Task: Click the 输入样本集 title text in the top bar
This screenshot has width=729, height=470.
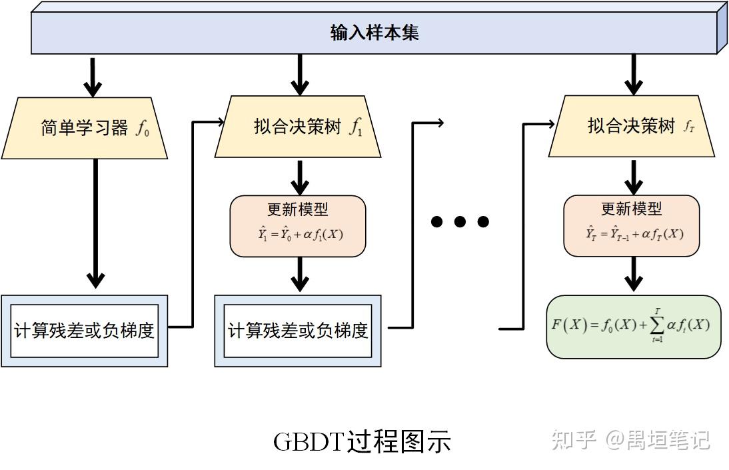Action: [x=374, y=33]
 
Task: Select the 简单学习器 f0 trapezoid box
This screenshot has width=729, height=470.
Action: [x=85, y=127]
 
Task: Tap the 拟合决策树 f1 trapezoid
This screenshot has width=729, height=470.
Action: [x=298, y=127]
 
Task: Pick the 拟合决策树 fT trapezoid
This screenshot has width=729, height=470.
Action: [x=631, y=126]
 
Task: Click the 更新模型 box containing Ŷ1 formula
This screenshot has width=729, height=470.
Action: [x=298, y=226]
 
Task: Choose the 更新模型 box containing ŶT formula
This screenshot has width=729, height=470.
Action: [x=632, y=226]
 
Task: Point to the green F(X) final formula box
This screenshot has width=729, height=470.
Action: [x=634, y=326]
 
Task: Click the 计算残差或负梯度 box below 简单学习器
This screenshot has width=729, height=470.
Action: [x=85, y=330]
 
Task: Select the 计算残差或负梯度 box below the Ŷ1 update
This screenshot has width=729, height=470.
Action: [x=298, y=330]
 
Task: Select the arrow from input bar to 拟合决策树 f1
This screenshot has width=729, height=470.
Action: [x=300, y=74]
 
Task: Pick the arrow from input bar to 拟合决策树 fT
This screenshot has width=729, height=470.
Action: [x=634, y=74]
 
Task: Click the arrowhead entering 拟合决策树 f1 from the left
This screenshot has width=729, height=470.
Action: [x=219, y=122]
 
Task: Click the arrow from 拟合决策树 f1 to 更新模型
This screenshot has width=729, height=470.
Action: [x=300, y=176]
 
